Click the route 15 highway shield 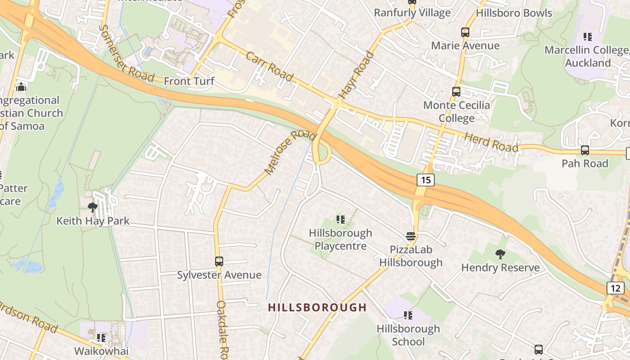tap(426, 180)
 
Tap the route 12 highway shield tap(615, 288)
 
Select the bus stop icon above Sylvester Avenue tap(219, 261)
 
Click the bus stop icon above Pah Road tap(585, 150)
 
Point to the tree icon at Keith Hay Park tap(93, 207)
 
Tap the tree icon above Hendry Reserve tap(500, 254)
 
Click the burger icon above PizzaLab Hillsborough tap(410, 236)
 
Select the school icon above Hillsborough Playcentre tap(341, 220)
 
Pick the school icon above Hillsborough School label tap(408, 315)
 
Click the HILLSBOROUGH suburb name tap(317, 308)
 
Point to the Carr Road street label tap(270, 67)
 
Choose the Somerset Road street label tap(126, 54)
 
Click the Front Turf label tap(189, 81)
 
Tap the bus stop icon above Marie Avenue tap(465, 32)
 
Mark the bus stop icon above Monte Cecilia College tap(456, 92)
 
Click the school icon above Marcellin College tap(587, 36)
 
